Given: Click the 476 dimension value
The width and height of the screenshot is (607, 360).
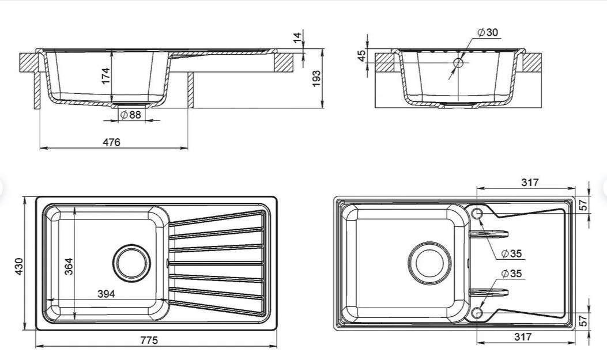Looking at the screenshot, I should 112,142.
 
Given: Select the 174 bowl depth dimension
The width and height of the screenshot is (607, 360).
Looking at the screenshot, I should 105,75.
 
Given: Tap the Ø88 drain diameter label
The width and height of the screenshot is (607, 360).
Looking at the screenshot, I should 131,115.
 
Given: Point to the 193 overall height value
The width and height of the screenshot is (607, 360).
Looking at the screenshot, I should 316,78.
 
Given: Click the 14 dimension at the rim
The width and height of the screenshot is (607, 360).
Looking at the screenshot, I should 297,38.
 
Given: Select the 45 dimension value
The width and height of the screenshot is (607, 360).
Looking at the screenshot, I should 361,55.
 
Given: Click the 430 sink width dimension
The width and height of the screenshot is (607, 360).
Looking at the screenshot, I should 20,265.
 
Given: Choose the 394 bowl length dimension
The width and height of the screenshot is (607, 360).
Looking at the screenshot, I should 105,294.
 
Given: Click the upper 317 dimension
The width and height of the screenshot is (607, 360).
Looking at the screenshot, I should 529,183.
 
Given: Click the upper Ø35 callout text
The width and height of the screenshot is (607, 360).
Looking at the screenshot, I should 511,253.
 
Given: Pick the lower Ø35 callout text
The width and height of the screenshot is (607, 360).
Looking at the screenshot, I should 511,274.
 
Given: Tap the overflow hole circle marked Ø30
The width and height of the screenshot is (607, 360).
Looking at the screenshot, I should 458,63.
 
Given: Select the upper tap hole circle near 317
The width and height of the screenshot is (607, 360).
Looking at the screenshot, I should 477,214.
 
